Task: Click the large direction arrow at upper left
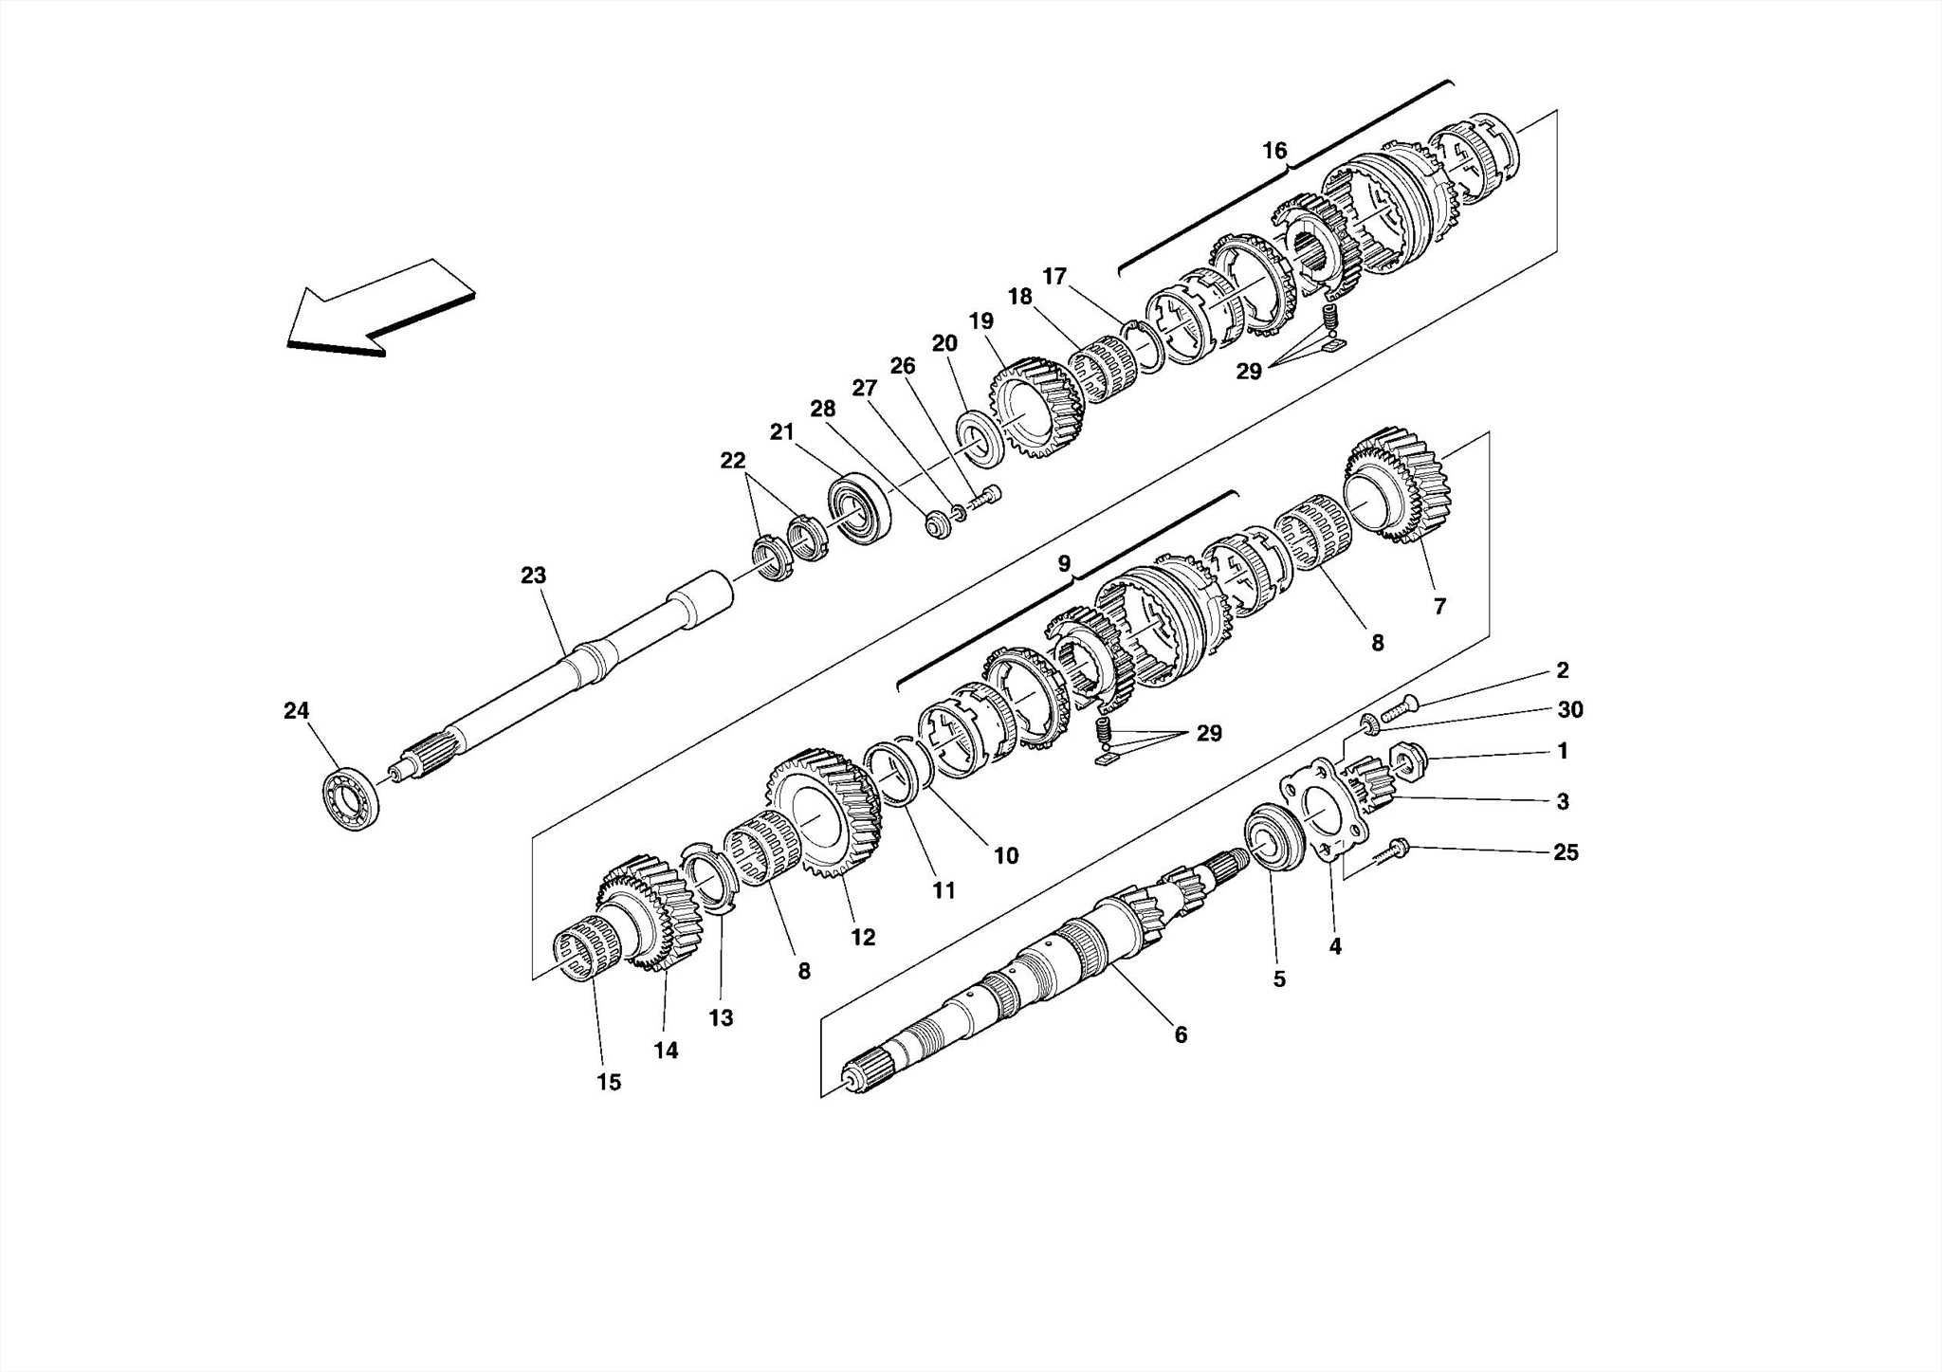379,308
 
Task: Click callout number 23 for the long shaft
533,576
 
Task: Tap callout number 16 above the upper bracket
1274,151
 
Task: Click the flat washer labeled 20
977,437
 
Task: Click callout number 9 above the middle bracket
1064,564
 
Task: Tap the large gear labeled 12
822,813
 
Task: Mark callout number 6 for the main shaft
1181,1035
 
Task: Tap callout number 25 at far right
1566,852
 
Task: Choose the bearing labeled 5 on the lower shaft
1272,834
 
